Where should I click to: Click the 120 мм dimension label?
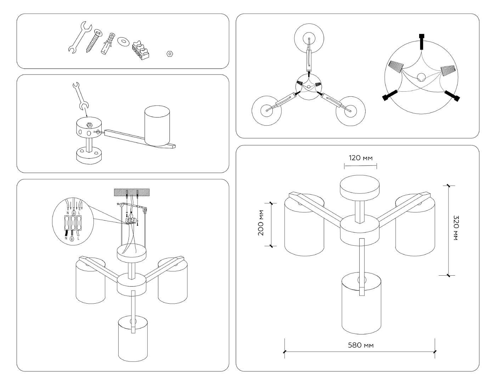click(361, 158)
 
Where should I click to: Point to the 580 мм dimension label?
click(361, 345)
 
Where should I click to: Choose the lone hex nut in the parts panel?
click(169, 54)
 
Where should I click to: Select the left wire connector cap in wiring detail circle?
click(396, 66)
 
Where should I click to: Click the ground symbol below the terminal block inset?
click(72, 239)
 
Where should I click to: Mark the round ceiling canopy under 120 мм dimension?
click(360, 188)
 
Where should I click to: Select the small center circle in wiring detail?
click(421, 77)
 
